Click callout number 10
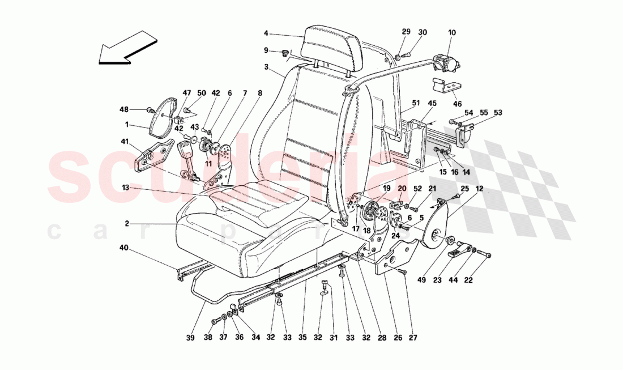(451, 33)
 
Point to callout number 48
(125, 109)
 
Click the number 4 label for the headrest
(265, 33)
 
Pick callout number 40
(124, 248)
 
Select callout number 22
(468, 279)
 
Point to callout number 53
(497, 113)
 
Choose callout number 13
(125, 186)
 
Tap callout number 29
(406, 33)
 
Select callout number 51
(416, 103)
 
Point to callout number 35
(303, 338)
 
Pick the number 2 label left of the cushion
(127, 224)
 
